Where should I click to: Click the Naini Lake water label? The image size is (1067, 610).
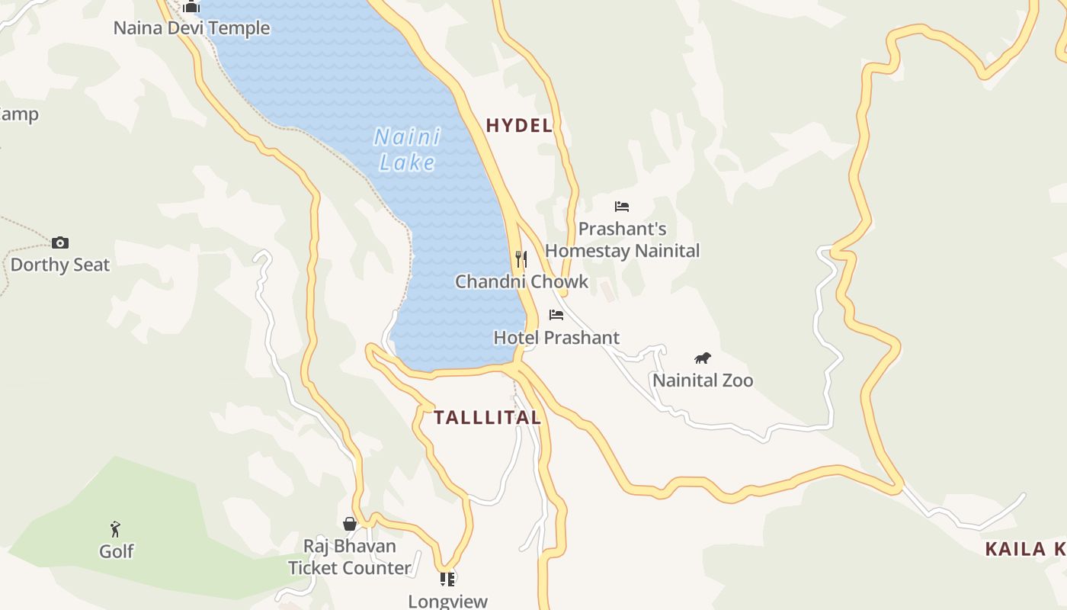click(407, 149)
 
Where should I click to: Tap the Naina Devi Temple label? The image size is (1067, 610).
click(191, 28)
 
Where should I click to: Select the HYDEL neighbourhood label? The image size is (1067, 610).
click(519, 126)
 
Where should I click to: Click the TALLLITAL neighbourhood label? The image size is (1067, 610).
click(487, 418)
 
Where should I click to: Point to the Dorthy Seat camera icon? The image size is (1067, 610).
click(60, 243)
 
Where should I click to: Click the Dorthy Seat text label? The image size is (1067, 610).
click(60, 265)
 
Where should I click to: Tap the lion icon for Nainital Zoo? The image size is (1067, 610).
click(703, 358)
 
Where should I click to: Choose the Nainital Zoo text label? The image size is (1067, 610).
click(703, 380)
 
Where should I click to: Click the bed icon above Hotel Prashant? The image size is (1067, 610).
click(556, 315)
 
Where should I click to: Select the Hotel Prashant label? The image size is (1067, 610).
click(556, 337)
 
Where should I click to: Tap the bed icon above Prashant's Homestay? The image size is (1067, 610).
click(622, 207)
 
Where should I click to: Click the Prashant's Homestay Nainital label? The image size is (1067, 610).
click(622, 239)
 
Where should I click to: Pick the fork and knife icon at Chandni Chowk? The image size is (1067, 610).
click(521, 259)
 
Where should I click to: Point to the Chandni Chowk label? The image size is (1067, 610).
click(521, 281)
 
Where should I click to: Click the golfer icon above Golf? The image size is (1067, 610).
click(116, 529)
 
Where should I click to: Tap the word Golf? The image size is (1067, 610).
click(116, 551)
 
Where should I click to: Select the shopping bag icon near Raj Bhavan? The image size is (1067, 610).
click(350, 524)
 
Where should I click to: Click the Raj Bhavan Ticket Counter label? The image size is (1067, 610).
click(350, 557)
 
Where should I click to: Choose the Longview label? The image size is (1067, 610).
click(447, 601)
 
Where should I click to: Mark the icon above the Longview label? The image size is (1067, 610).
click(447, 579)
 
